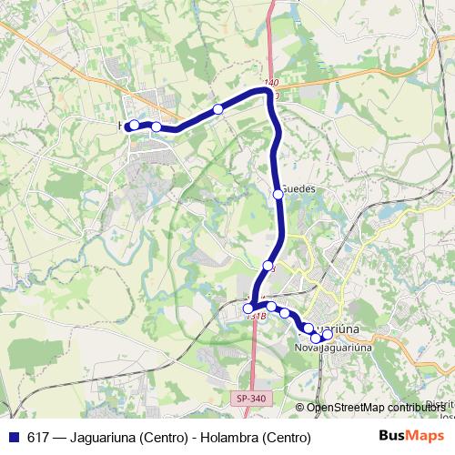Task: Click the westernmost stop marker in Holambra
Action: click(x=134, y=125)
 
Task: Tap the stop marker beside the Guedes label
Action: click(x=278, y=193)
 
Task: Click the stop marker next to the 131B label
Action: click(x=248, y=308)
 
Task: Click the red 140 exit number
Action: click(x=271, y=83)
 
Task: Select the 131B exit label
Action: click(x=256, y=317)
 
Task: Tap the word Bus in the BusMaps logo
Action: click(x=393, y=437)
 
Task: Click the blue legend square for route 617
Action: click(x=14, y=438)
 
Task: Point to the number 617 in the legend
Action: click(x=39, y=438)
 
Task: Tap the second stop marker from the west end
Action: click(x=157, y=127)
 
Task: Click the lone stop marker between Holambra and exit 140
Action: click(x=218, y=109)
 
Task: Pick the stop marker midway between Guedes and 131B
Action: click(x=268, y=265)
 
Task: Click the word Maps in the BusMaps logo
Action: click(x=421, y=437)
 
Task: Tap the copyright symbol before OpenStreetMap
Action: click(x=300, y=408)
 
